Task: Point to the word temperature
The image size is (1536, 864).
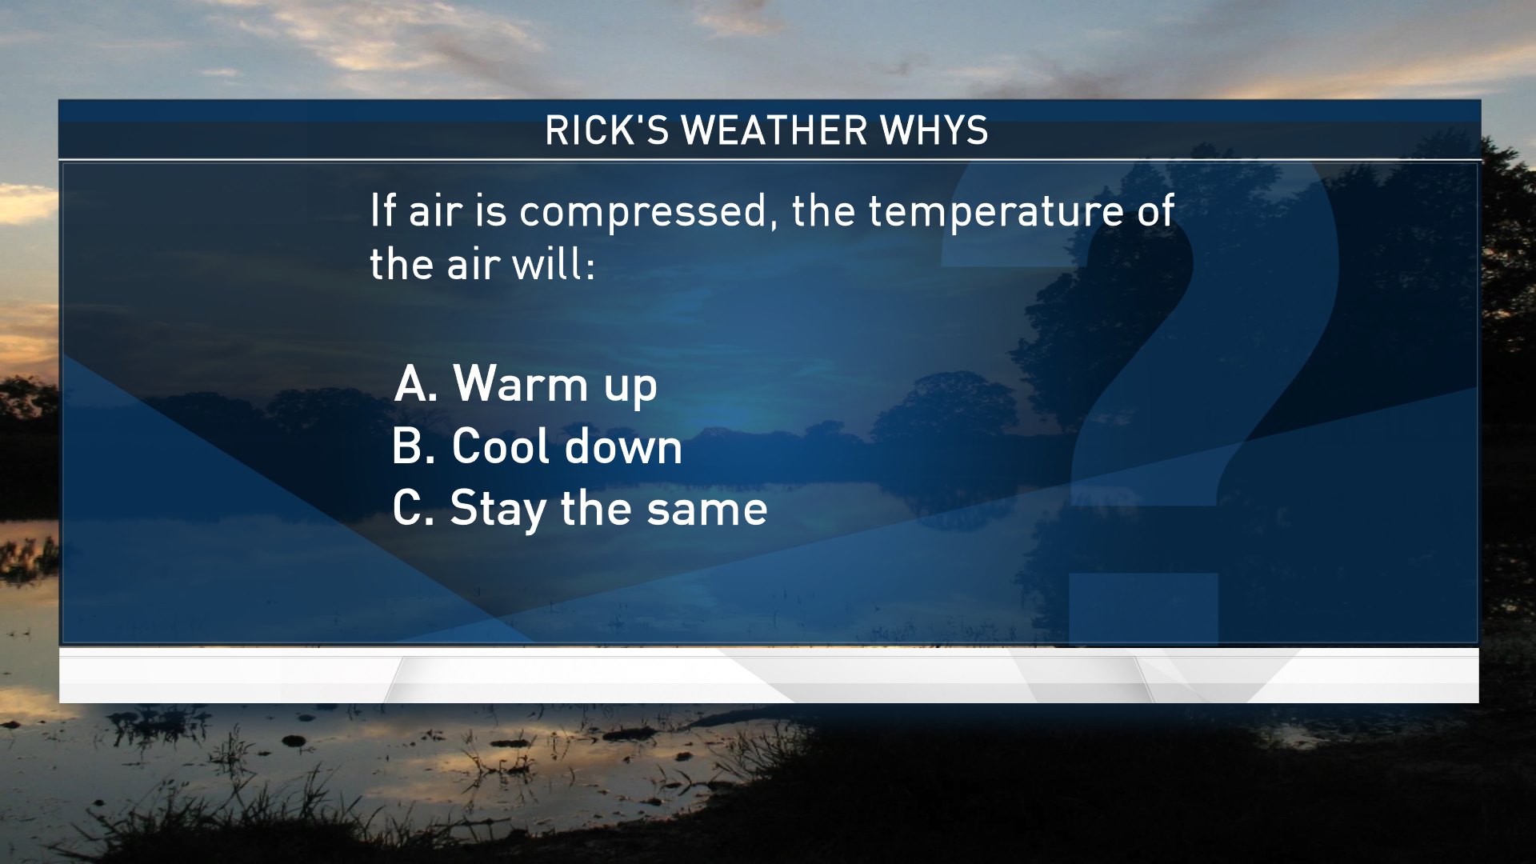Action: [996, 213]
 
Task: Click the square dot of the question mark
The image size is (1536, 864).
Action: [1143, 609]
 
